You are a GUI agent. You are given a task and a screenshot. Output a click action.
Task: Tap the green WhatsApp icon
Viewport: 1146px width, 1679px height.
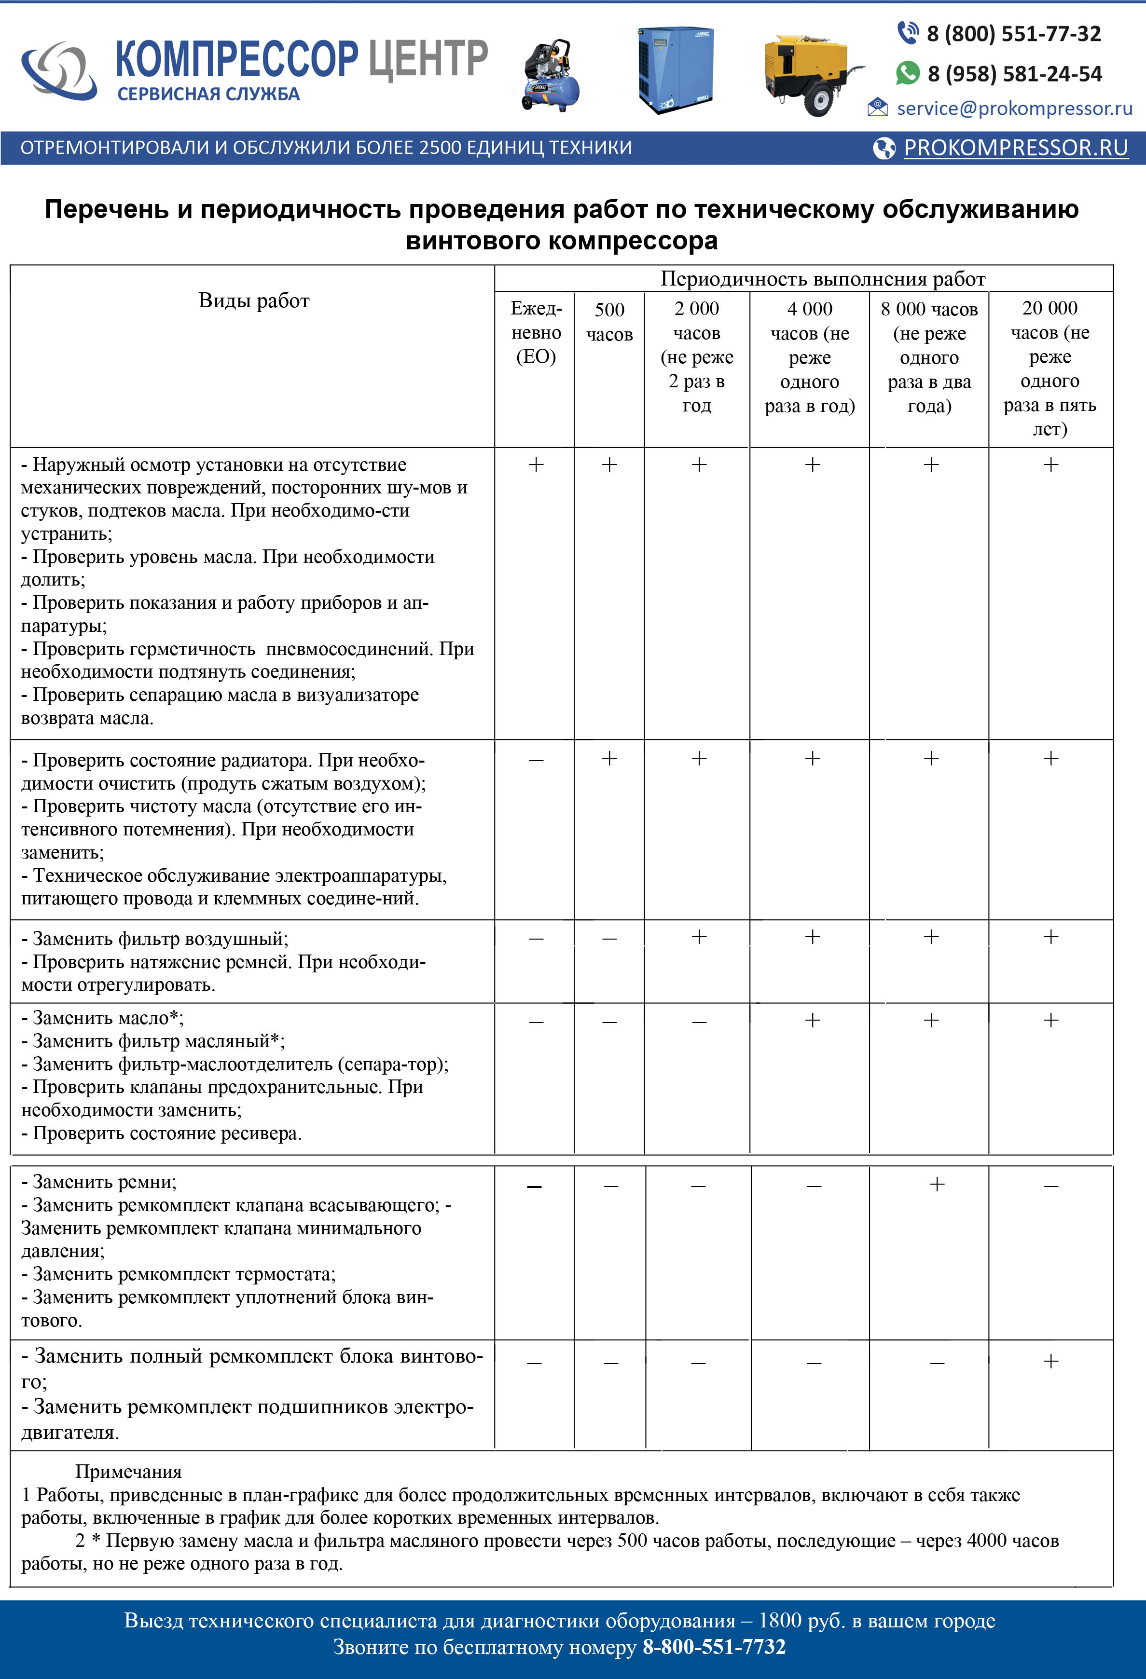coord(908,73)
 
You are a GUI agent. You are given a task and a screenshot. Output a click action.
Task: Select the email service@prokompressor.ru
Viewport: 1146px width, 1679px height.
coord(1014,109)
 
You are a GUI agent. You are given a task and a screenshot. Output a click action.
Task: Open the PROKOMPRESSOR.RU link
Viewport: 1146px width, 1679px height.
coord(1015,148)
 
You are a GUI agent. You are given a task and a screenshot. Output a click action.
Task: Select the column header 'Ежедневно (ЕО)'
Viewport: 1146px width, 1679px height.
coord(536,332)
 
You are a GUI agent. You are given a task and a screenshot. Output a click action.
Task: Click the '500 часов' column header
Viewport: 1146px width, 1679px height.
coord(609,322)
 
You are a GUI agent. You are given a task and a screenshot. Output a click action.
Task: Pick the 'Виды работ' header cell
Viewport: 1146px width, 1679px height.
coord(254,300)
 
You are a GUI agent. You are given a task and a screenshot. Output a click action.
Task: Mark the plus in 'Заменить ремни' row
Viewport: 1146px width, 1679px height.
coord(937,1185)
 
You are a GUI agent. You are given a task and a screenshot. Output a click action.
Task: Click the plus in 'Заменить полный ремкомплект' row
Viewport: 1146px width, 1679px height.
coord(1050,1362)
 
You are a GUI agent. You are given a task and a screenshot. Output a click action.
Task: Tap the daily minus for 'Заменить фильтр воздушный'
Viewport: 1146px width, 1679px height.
coord(536,939)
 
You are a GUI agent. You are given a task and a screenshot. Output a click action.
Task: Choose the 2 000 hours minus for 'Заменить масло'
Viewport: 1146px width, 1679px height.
coord(699,1022)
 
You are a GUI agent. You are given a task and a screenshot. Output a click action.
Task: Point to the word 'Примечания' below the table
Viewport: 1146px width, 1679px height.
coord(129,1472)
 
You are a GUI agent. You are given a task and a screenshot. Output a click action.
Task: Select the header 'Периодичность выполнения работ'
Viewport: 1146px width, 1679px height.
coord(822,279)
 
